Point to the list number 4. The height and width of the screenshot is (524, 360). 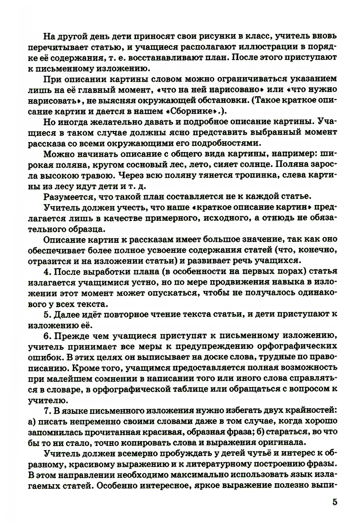tap(45, 271)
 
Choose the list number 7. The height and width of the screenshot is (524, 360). tap(46, 411)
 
